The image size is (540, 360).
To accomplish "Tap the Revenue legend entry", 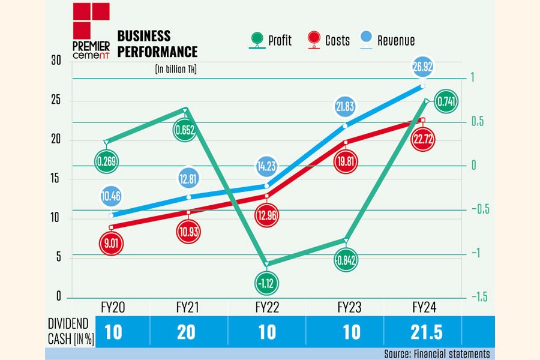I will pos(389,41).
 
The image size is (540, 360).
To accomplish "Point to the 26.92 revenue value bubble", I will pos(423,68).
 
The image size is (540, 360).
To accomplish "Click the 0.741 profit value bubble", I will pos(445,103).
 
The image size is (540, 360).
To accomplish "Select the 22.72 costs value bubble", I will pos(424,140).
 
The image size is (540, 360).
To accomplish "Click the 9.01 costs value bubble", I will pos(111,244).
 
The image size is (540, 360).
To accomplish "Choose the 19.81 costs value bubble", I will pos(346,163).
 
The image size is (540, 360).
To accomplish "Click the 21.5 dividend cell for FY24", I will pos(423,332).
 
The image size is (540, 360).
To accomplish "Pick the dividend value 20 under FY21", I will pos(186,332).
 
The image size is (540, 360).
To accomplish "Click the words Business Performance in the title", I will pos(157,43).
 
